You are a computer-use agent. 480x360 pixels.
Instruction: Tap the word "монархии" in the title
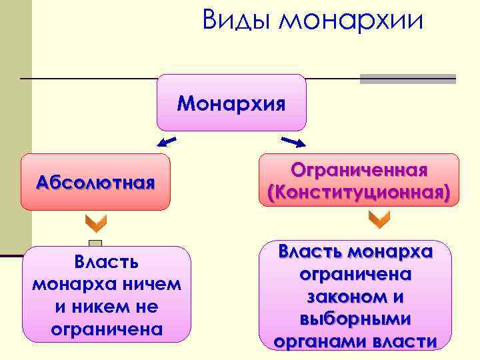tap(351, 21)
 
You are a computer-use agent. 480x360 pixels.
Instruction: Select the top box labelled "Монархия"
tap(231, 103)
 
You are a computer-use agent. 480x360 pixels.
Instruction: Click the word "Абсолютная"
tap(96, 183)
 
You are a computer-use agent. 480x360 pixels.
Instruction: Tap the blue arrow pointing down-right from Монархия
tap(293, 141)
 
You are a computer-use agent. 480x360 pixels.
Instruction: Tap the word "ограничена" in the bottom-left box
tap(107, 329)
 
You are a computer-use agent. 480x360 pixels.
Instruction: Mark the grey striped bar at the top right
tap(407, 79)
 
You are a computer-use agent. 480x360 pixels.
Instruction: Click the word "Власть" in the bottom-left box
tap(107, 262)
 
